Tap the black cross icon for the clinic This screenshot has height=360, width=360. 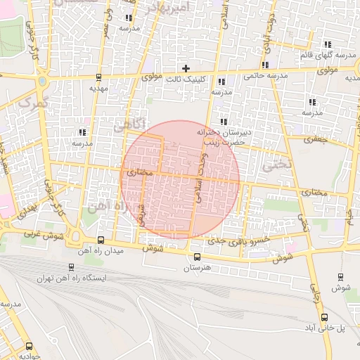[x=186, y=68]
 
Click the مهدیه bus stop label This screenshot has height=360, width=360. [x=98, y=89]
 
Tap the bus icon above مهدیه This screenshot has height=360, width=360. [x=98, y=78]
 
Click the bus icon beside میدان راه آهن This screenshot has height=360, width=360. [x=101, y=240]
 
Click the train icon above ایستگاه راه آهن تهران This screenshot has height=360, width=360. [x=72, y=267]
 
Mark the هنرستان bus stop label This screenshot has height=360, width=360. [x=198, y=268]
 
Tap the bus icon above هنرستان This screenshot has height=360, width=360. [x=197, y=256]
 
